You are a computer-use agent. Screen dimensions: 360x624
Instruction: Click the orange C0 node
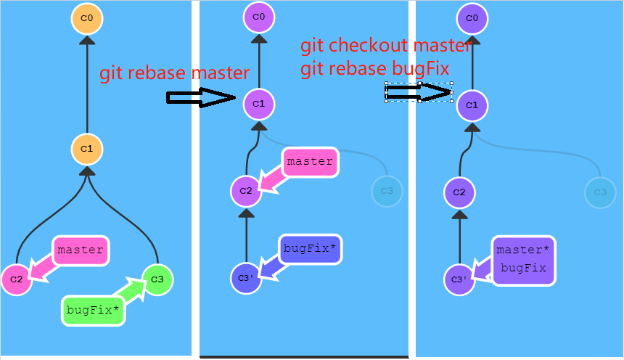[87, 18]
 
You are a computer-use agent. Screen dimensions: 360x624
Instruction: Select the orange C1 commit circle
[87, 148]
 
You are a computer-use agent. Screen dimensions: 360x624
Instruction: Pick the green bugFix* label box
[92, 310]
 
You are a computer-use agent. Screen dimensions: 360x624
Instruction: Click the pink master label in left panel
[80, 250]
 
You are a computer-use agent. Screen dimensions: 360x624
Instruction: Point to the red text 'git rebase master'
[174, 73]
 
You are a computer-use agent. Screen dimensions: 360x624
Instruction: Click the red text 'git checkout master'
[386, 46]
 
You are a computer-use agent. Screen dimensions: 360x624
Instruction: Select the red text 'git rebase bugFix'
[375, 68]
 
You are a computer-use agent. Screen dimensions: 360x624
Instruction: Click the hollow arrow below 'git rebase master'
[201, 98]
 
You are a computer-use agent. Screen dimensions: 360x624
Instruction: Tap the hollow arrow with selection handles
[419, 92]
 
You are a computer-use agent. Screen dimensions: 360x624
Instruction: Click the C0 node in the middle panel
[259, 17]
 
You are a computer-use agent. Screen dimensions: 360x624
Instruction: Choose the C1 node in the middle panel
[259, 105]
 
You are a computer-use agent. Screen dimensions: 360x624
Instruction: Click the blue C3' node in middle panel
[245, 278]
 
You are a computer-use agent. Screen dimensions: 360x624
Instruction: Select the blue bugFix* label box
[309, 249]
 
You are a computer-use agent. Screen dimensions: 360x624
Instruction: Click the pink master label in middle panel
[310, 162]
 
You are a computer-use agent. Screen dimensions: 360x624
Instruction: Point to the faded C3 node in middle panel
[386, 192]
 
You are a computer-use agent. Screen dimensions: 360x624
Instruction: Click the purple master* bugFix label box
[523, 259]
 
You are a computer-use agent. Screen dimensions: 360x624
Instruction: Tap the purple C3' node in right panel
[459, 279]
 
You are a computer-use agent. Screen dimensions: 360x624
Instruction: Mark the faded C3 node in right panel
[600, 192]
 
